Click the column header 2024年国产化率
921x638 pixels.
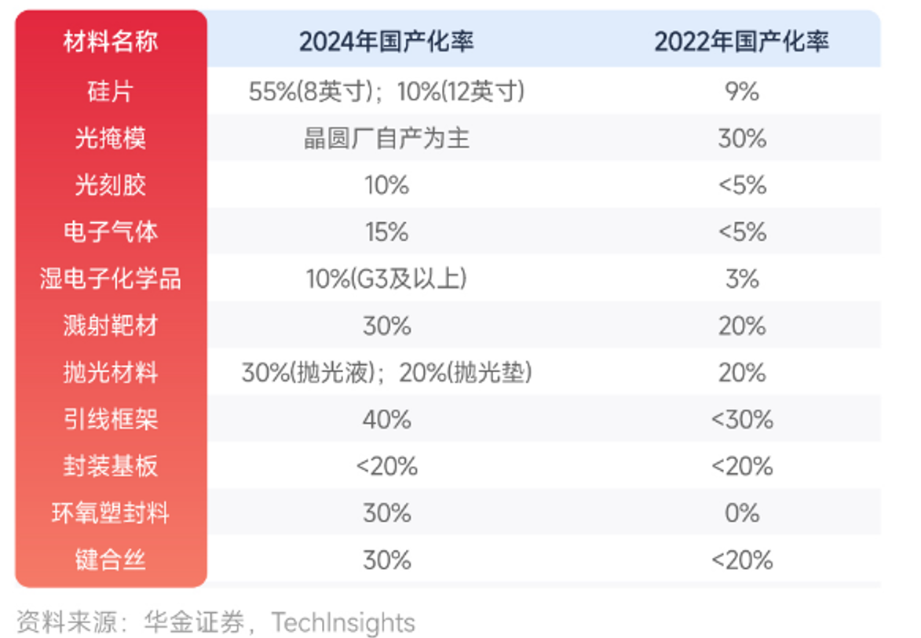click(386, 42)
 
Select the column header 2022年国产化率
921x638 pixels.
click(741, 42)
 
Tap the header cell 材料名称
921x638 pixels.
click(110, 42)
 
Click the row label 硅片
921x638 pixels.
click(110, 92)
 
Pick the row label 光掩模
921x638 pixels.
click(110, 139)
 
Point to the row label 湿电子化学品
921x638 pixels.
click(110, 279)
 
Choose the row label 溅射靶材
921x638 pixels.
click(110, 326)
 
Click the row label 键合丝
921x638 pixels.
click(110, 560)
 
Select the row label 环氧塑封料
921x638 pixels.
click(110, 513)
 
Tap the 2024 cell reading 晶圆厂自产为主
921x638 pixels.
click(386, 139)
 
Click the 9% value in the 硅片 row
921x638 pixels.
click(741, 92)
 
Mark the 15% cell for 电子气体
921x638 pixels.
click(386, 232)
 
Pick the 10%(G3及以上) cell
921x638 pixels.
click(386, 279)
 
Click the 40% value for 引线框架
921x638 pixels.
click(386, 420)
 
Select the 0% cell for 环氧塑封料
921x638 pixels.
click(741, 513)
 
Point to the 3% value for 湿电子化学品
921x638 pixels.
click(741, 279)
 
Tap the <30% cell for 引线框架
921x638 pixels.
click(741, 420)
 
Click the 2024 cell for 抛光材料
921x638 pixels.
click(386, 373)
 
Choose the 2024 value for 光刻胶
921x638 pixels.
click(386, 186)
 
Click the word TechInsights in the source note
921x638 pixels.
click(342, 622)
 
